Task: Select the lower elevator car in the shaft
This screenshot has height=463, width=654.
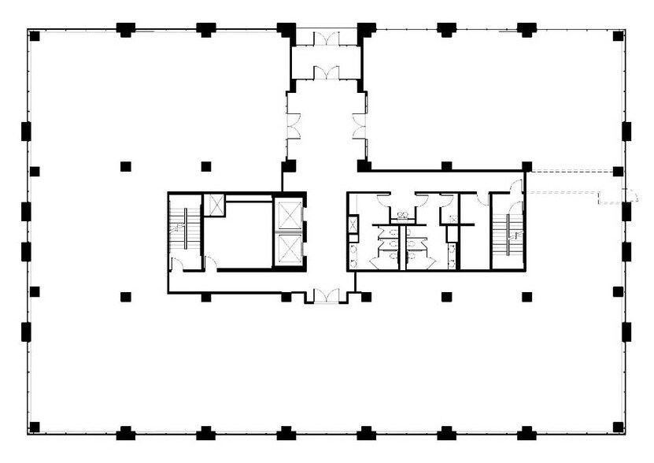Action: tap(288, 250)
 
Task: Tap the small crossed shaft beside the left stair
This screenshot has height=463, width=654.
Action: tap(214, 205)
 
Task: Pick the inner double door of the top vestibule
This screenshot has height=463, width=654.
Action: tap(326, 73)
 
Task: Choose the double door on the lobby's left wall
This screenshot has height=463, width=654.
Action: tap(294, 126)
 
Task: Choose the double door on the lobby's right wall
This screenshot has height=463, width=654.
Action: tap(360, 126)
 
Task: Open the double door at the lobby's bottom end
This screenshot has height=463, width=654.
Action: tap(326, 296)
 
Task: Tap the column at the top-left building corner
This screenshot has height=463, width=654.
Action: tap(34, 35)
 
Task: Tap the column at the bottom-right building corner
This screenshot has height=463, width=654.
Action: tap(619, 428)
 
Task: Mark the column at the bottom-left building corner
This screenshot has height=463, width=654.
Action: tap(34, 428)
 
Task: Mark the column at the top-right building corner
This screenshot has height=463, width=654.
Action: tap(619, 35)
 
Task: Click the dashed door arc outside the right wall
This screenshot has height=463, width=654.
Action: tap(628, 196)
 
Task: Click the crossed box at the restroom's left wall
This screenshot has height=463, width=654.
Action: tap(353, 224)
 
